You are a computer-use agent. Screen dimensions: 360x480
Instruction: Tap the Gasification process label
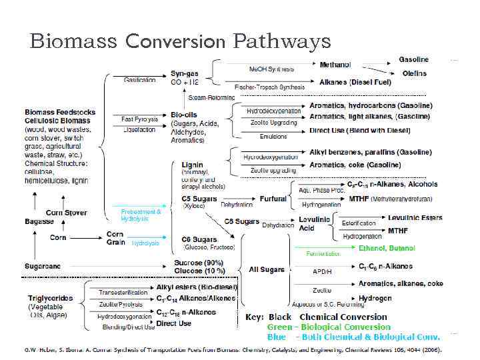point(140,80)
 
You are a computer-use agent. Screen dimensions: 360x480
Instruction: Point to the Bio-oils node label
point(184,115)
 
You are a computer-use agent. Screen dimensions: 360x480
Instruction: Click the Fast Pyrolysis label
point(140,119)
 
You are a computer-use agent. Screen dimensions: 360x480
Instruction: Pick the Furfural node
point(274,199)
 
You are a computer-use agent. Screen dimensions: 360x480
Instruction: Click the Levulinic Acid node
point(311,223)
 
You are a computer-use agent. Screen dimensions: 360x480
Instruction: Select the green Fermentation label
point(323,254)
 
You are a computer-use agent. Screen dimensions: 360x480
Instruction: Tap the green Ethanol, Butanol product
point(387,248)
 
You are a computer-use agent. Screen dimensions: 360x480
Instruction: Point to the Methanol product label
point(336,65)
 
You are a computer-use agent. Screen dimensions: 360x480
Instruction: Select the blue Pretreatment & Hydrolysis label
point(141,215)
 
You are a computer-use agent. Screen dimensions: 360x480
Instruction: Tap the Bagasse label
point(40,221)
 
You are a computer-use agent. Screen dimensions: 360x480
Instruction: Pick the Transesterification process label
point(123,292)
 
